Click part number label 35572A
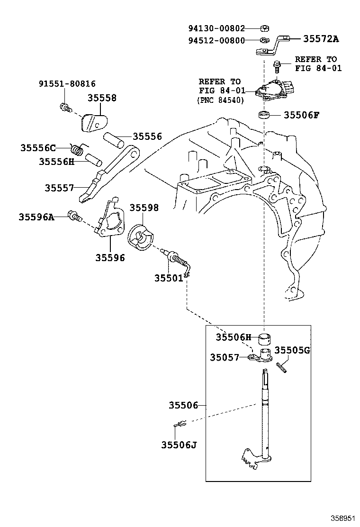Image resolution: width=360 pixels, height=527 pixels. point(321,39)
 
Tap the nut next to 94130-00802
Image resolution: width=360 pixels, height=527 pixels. point(265,28)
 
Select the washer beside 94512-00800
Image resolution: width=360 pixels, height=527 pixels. point(265,40)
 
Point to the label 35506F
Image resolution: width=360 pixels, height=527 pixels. point(301,115)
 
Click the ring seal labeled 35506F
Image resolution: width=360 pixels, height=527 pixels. point(264,115)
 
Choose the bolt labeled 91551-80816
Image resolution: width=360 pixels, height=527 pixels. point(65,108)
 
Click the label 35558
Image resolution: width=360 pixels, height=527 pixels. point(102,98)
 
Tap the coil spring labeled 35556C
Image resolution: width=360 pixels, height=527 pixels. point(78,149)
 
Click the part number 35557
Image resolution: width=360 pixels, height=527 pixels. point(59,188)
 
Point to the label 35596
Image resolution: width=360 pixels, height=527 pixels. point(110,258)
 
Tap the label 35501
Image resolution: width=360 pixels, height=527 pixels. point(169,278)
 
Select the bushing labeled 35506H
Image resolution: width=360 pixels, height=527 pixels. point(264,339)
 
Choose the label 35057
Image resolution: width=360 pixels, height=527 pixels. point(225,357)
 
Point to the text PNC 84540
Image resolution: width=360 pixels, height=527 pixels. point(221,100)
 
